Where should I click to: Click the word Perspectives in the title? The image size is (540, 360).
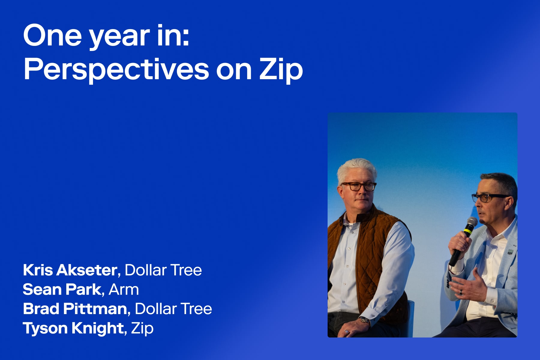(x=116, y=70)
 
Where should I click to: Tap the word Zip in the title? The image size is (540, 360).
(x=281, y=70)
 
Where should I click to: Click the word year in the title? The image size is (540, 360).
(x=119, y=36)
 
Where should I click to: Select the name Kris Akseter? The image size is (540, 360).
(x=70, y=270)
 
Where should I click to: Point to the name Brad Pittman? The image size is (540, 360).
(x=75, y=309)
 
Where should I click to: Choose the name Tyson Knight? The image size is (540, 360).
(x=73, y=328)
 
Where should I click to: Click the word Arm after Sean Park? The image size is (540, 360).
(x=124, y=289)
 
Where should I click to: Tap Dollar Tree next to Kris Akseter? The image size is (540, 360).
(x=163, y=270)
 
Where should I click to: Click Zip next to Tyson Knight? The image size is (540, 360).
(x=142, y=328)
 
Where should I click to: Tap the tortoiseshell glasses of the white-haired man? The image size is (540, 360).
(x=358, y=186)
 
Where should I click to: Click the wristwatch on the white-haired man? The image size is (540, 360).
(x=365, y=320)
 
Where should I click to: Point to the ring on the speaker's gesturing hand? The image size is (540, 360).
(x=461, y=292)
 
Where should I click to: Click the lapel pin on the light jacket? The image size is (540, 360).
(x=510, y=252)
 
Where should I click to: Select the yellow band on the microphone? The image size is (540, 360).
(x=467, y=232)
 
